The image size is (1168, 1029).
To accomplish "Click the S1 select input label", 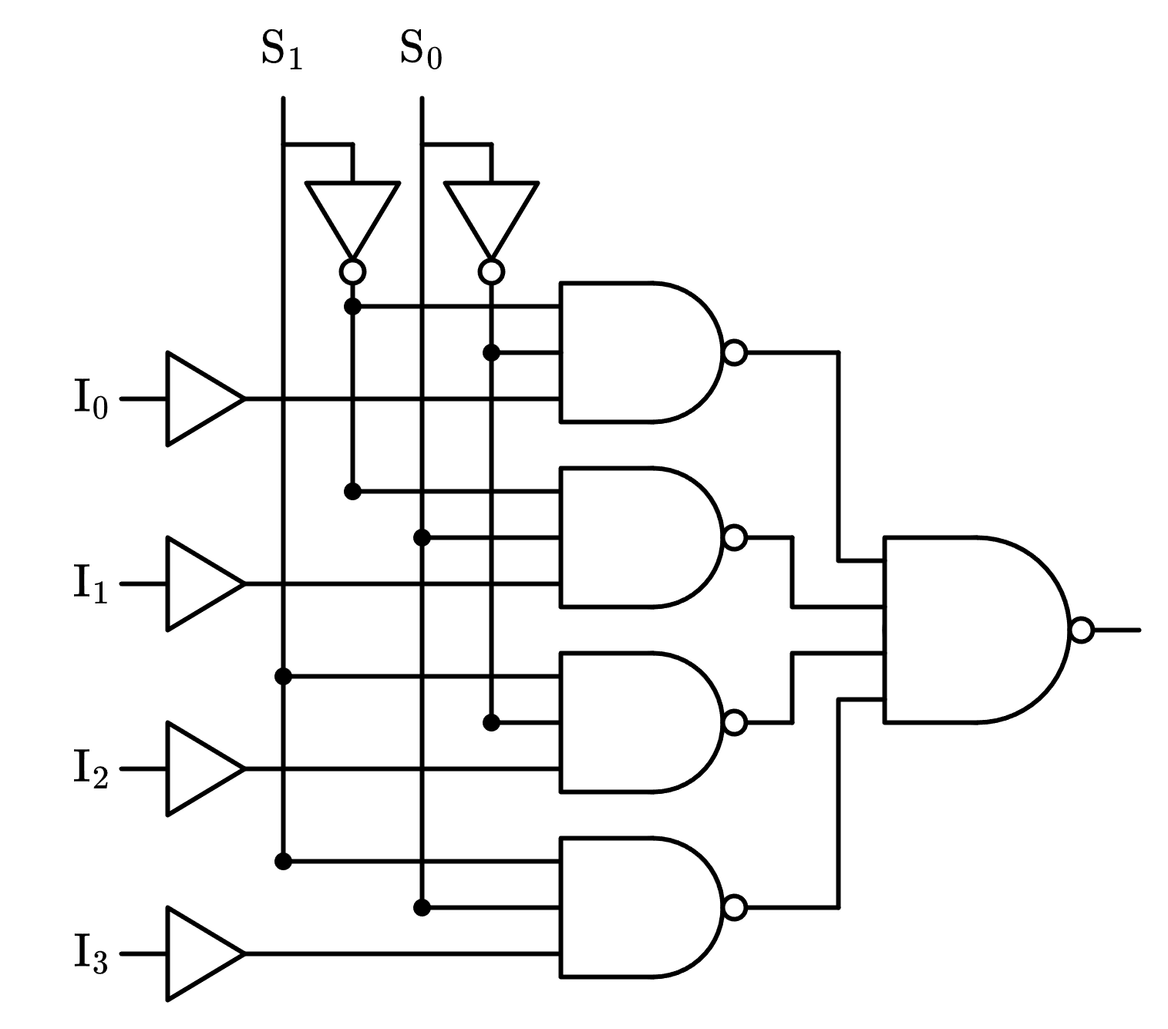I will (x=282, y=51).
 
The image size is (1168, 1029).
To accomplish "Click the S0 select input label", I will (x=421, y=51).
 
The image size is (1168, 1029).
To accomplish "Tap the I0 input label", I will (x=91, y=399).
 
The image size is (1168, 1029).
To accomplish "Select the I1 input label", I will (x=91, y=583).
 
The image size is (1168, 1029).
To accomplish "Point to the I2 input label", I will (x=91, y=768).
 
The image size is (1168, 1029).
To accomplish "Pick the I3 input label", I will (x=91, y=953).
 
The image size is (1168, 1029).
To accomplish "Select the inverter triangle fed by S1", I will (x=352, y=212).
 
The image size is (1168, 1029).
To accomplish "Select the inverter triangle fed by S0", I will (x=491, y=212).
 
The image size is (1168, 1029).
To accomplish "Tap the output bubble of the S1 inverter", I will (x=352, y=271).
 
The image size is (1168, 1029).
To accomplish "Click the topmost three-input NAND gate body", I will (x=632, y=352).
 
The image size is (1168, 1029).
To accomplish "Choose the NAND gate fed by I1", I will (x=632, y=537).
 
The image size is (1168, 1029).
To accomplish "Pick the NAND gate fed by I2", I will (x=632, y=722).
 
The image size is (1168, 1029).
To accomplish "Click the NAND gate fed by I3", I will (x=632, y=907).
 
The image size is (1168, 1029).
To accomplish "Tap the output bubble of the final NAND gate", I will (x=1081, y=630).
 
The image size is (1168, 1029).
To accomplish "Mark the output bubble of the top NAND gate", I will (x=735, y=352).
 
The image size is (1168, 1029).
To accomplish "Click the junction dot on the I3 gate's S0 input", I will (x=422, y=907).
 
